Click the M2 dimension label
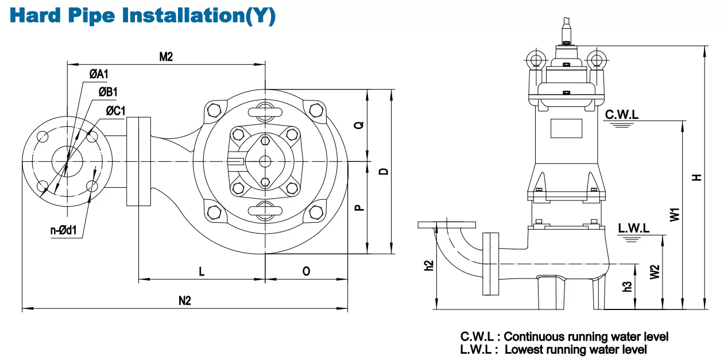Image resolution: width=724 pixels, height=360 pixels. (166, 57)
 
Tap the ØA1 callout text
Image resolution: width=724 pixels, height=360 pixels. (99, 74)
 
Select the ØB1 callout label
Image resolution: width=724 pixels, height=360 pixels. (108, 92)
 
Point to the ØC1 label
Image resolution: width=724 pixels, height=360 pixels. (115, 111)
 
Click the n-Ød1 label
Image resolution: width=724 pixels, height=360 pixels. (64, 230)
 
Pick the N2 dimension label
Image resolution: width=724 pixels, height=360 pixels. (184, 301)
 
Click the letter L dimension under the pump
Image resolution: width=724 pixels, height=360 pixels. (202, 271)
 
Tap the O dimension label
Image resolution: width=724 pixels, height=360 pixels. (306, 271)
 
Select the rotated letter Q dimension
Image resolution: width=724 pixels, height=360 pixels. (359, 125)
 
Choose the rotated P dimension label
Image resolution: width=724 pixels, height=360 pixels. (359, 207)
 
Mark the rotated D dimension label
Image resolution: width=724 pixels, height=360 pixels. (384, 171)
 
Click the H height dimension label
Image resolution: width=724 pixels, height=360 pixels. (697, 177)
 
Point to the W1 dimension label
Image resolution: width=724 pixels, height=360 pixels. (675, 215)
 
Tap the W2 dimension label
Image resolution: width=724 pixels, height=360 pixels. (655, 272)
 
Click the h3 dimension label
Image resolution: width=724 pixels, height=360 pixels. (627, 287)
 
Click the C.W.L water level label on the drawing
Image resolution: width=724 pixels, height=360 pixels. (622, 114)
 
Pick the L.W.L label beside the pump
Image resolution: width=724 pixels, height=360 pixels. (633, 229)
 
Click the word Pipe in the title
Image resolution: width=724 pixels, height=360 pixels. (91, 15)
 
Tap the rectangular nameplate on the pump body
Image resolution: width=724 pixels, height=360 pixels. (566, 128)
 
